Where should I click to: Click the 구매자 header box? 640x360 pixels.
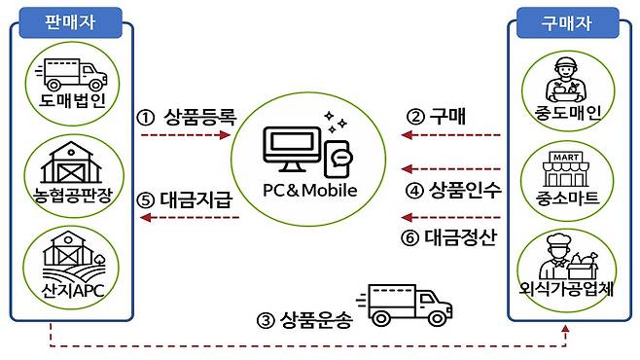(x=567, y=19)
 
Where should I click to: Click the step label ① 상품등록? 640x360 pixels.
(x=187, y=118)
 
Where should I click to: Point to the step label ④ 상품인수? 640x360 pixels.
(x=453, y=191)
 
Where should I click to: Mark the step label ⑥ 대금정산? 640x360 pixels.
(x=449, y=237)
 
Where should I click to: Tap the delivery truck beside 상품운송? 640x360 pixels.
(x=409, y=303)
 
